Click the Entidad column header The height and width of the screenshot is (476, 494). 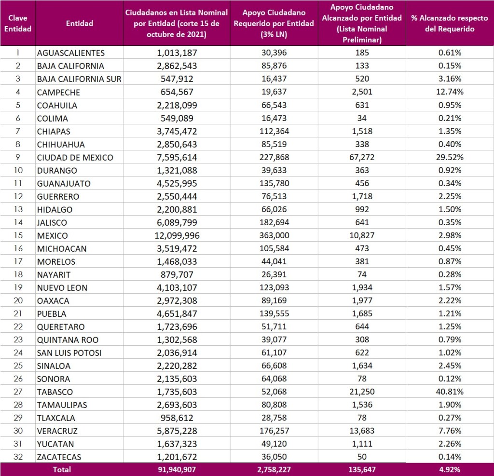(x=79, y=23)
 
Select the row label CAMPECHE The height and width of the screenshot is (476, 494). (x=58, y=92)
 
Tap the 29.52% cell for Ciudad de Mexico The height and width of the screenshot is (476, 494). (x=450, y=157)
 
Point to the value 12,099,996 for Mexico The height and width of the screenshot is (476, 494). (x=177, y=236)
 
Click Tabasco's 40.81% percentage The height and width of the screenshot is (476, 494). (x=450, y=392)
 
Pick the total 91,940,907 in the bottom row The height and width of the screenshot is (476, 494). (x=177, y=469)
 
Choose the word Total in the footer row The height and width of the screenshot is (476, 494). (x=62, y=469)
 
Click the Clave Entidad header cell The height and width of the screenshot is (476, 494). (x=18, y=23)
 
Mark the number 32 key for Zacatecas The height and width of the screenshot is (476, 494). (x=18, y=457)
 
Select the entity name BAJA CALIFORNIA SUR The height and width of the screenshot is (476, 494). (x=79, y=79)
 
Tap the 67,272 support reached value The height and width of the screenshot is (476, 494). (x=362, y=157)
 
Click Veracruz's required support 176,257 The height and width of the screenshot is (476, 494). (x=274, y=431)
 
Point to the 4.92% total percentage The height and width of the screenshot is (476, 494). (x=450, y=469)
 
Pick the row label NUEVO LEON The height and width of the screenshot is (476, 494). (x=62, y=288)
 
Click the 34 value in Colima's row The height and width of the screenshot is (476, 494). (x=362, y=118)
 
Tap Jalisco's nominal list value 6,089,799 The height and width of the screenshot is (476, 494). (x=177, y=223)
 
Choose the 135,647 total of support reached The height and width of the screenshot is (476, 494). (x=362, y=469)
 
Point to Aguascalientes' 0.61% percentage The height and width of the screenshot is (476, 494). (x=450, y=53)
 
